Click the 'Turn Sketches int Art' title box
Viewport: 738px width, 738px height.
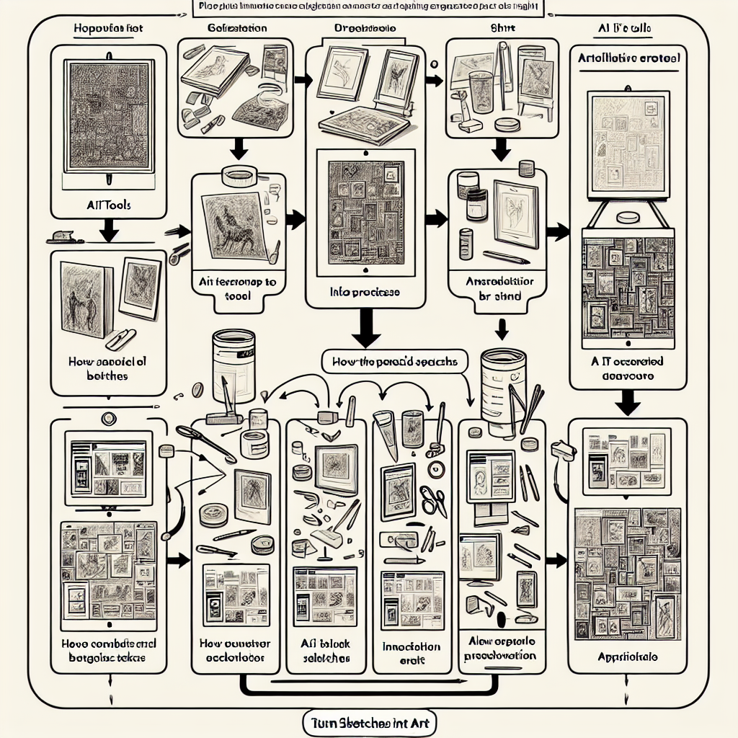pyautogui.click(x=368, y=721)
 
